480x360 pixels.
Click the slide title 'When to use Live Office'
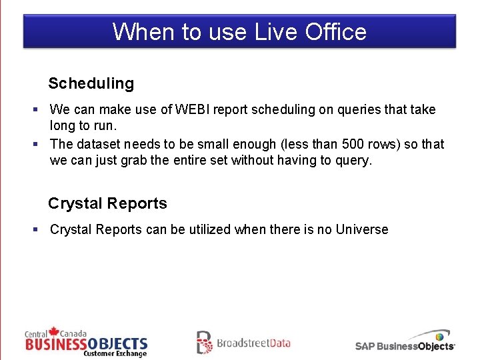(239, 31)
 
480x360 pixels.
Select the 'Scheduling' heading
(91, 83)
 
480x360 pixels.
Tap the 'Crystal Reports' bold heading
(107, 203)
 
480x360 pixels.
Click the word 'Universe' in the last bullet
(361, 229)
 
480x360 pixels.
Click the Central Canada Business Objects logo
(86, 343)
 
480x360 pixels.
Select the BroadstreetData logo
(243, 343)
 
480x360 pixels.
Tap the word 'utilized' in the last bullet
(206, 229)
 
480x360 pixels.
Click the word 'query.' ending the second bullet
(354, 161)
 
